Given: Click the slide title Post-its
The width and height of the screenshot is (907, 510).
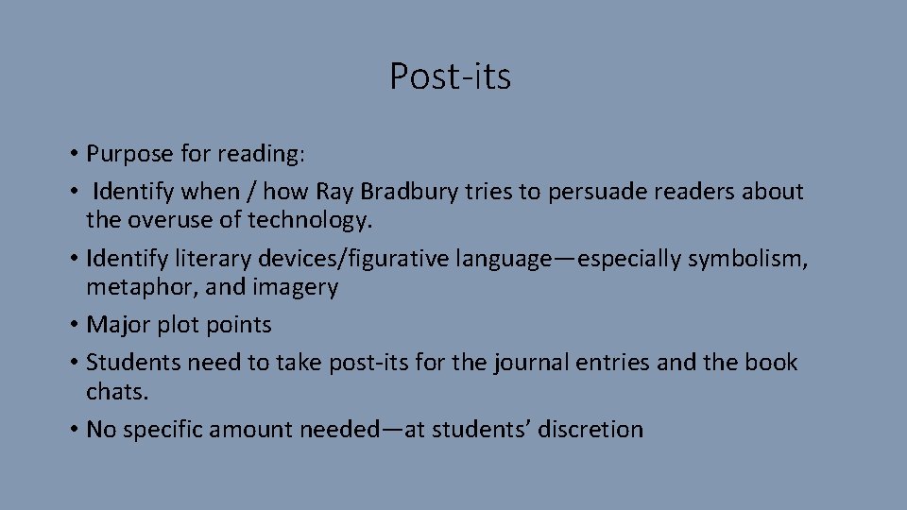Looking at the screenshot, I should (x=451, y=76).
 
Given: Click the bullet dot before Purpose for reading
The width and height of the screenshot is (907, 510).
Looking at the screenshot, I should (x=73, y=154).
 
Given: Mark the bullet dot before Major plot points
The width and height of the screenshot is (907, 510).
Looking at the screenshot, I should (x=73, y=326).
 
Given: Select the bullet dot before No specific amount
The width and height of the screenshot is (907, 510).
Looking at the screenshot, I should (x=73, y=431).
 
